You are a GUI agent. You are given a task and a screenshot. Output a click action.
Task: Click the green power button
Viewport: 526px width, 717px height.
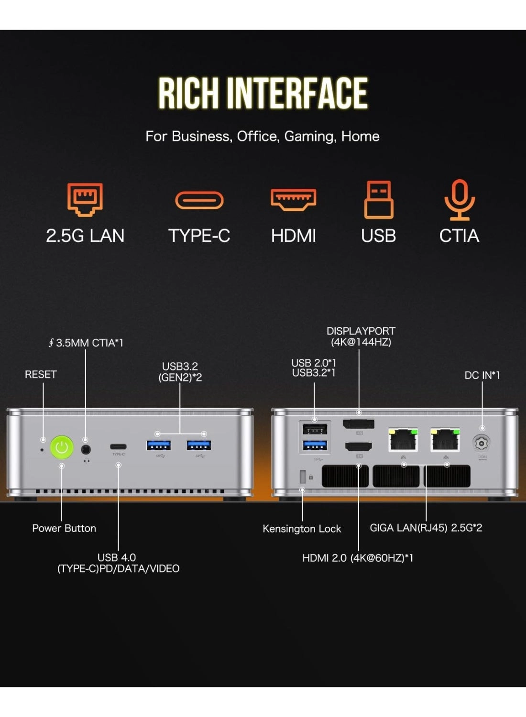pos(62,447)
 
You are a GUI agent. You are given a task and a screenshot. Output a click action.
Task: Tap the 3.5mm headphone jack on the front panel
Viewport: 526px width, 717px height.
pos(86,449)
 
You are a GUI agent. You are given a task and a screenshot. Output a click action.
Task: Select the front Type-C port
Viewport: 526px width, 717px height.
pos(118,447)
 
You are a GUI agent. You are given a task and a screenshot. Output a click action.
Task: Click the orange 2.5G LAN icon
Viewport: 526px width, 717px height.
pos(85,199)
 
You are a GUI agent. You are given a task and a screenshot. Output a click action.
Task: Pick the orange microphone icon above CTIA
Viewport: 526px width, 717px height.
pos(459,199)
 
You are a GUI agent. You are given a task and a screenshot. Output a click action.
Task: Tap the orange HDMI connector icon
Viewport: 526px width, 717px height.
pos(293,199)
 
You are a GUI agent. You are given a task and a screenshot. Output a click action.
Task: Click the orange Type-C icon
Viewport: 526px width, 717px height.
pos(199,200)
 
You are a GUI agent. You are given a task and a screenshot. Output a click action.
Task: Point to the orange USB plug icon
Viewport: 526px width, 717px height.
pos(378,199)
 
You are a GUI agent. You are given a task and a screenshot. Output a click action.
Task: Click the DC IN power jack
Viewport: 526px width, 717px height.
pos(482,443)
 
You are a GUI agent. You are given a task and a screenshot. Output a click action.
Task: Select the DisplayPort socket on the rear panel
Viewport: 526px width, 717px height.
pos(359,424)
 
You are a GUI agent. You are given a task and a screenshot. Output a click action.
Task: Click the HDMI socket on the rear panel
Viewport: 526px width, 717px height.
pos(359,447)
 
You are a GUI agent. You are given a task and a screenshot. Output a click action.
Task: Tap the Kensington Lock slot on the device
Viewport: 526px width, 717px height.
pos(302,477)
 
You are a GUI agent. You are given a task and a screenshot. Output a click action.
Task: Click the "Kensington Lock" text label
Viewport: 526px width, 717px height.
pos(302,529)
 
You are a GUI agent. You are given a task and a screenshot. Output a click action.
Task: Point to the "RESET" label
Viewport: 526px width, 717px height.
pos(41,374)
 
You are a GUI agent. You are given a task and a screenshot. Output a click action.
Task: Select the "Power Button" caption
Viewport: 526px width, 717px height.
pos(64,528)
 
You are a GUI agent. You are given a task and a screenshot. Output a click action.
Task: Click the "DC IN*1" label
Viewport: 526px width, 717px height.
pos(482,375)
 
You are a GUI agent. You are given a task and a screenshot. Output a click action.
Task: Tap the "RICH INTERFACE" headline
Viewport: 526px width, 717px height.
pos(263,93)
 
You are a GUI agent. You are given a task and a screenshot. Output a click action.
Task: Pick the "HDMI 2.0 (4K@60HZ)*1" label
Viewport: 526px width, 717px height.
pos(358,558)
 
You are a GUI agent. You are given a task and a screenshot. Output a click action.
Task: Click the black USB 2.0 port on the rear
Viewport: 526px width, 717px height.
pos(315,429)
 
